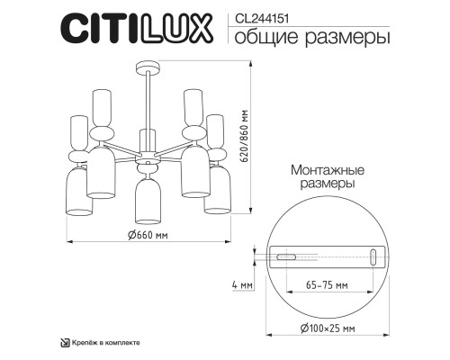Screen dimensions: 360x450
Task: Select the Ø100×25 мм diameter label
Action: [x=323, y=330]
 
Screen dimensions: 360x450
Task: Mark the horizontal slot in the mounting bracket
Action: [x=289, y=257]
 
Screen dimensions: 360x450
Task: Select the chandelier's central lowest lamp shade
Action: [x=143, y=201]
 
